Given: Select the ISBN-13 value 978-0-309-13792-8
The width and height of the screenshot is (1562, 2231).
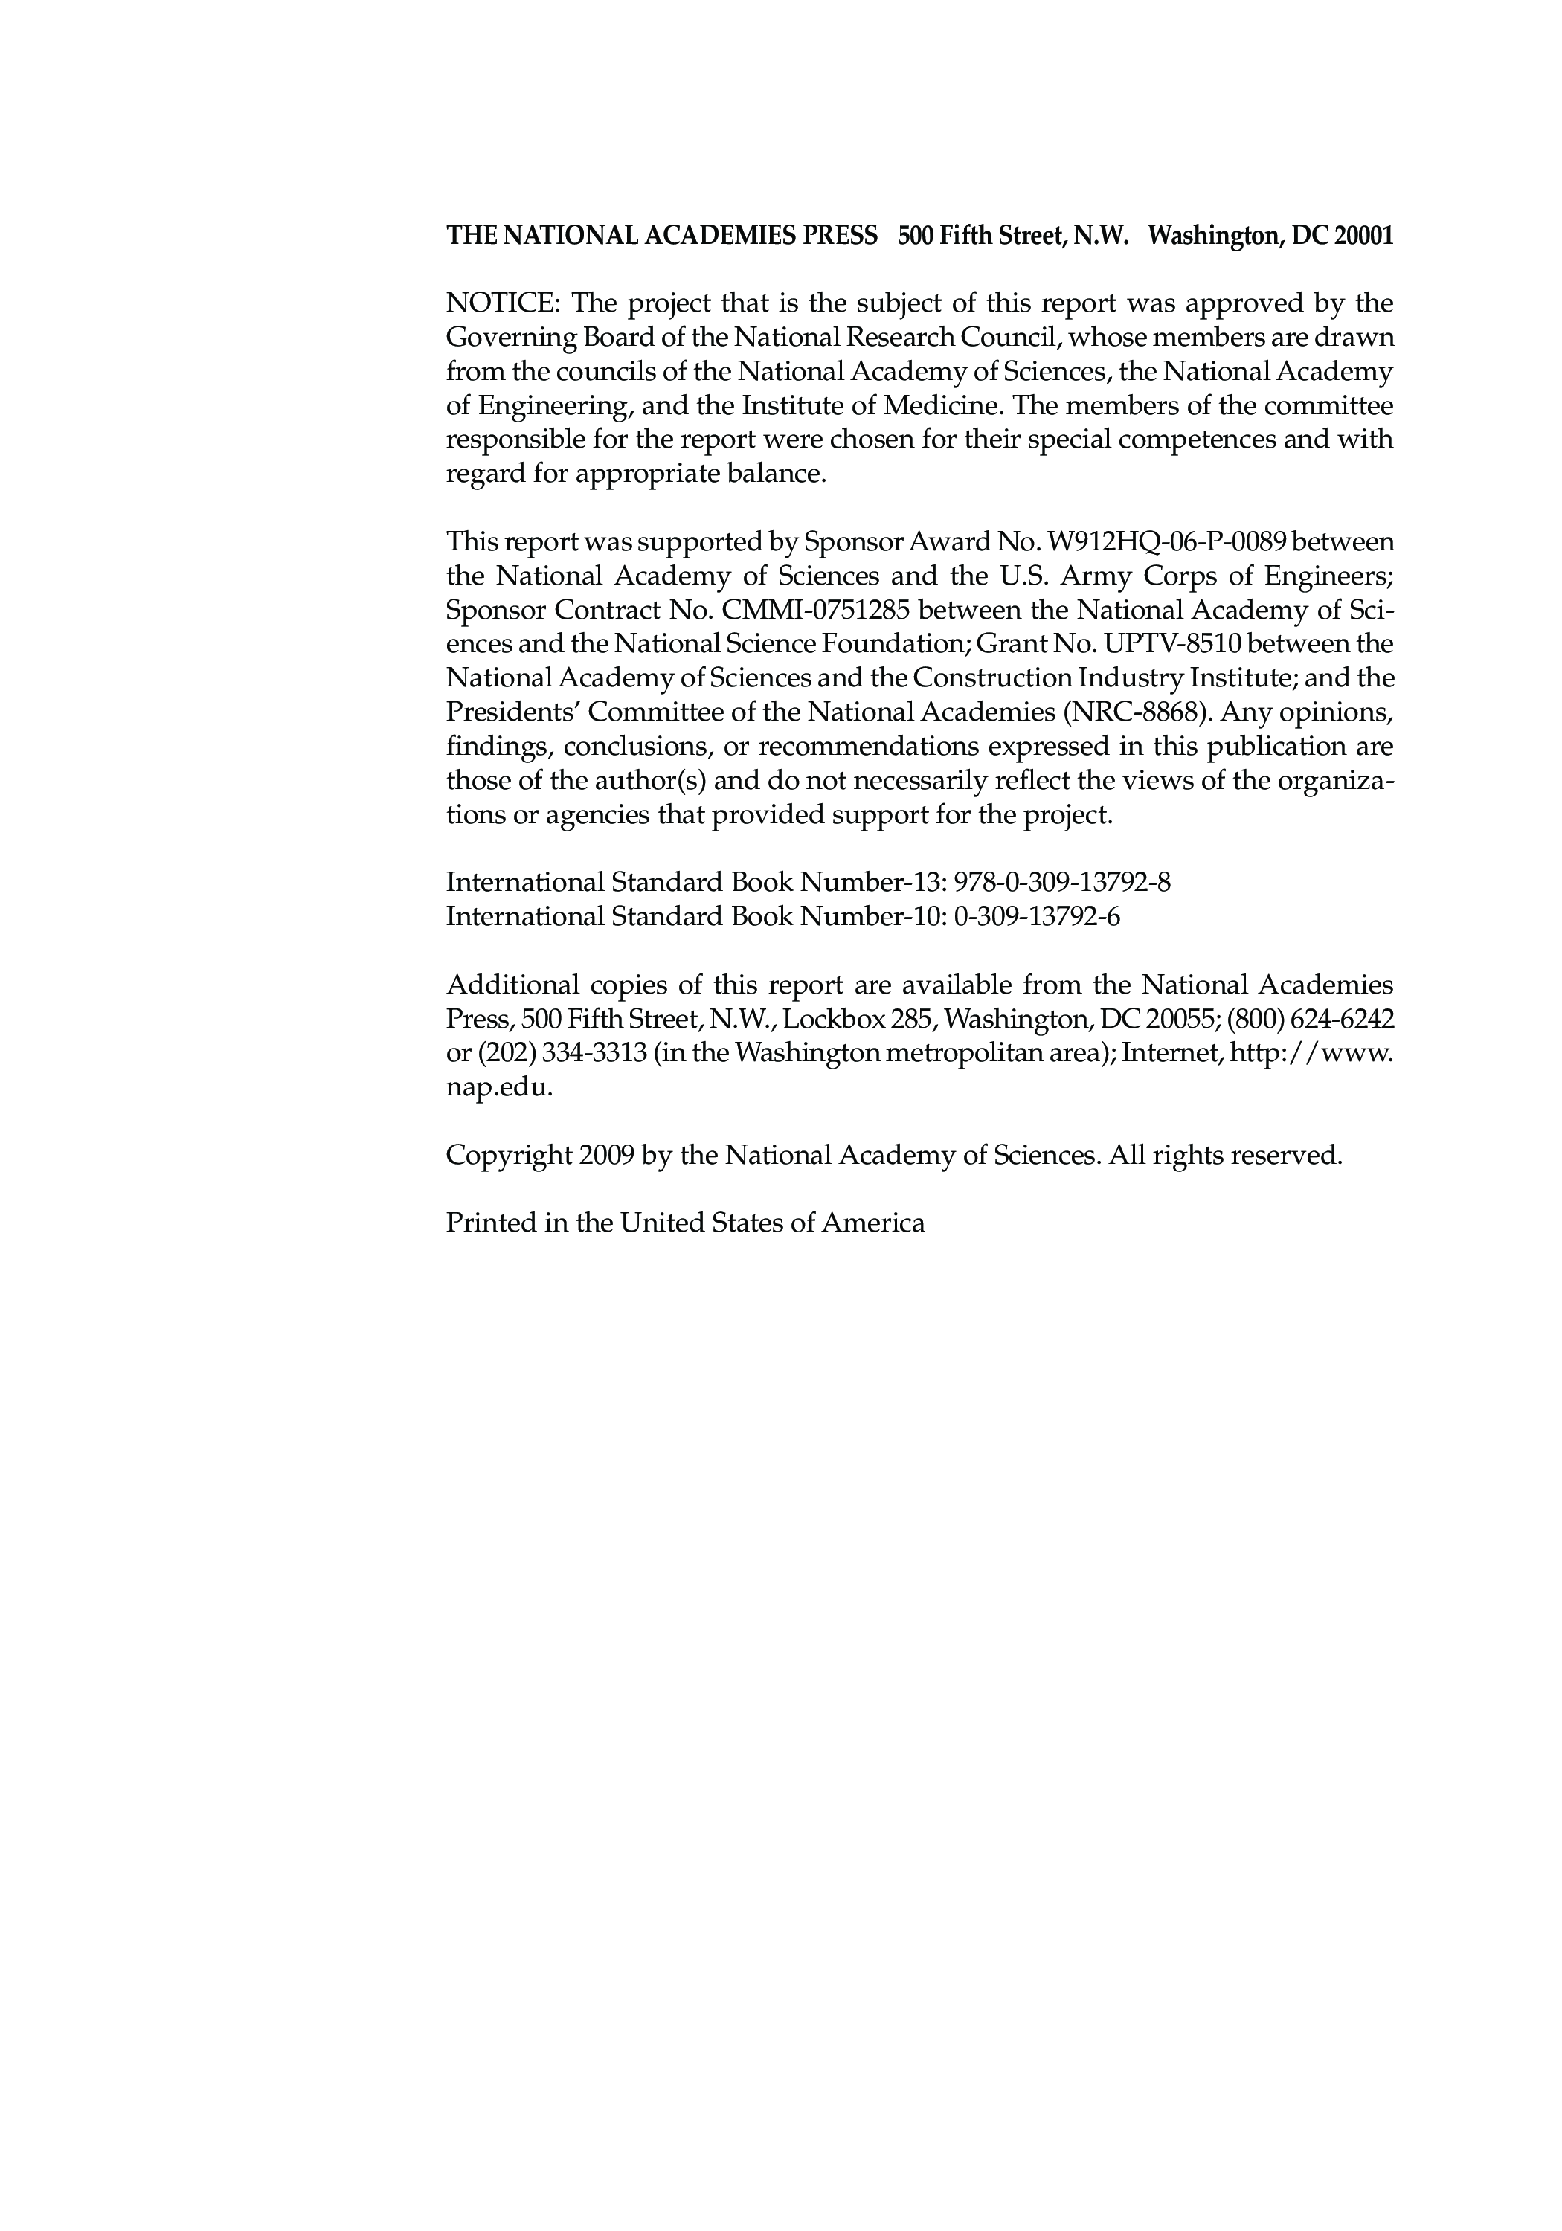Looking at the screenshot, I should coord(1062,882).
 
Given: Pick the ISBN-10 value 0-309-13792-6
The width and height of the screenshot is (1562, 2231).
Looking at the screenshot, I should coord(1037,916).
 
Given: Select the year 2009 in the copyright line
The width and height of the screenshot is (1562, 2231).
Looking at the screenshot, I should coord(606,1156).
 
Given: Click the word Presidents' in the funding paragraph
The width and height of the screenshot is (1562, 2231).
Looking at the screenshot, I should coord(512,712).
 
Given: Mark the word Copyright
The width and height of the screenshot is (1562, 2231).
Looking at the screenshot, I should coord(507,1156).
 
